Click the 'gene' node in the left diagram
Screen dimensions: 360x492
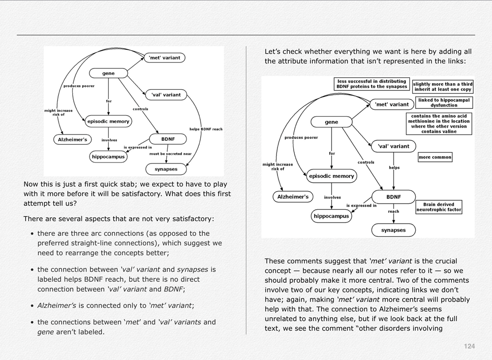[108, 73]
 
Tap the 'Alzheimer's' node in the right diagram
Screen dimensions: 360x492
[293, 197]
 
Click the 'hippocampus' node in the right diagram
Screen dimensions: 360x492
[331, 216]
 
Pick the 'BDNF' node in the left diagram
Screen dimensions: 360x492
[168, 139]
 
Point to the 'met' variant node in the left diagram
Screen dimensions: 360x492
[164, 58]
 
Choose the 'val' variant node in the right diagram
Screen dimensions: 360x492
[393, 146]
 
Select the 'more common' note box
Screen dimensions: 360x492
[435, 157]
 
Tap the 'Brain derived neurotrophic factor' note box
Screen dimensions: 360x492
[438, 207]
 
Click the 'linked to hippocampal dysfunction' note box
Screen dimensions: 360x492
[444, 102]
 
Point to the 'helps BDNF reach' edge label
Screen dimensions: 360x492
[206, 129]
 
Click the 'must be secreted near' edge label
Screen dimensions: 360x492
[170, 154]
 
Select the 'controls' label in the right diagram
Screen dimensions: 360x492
[366, 162]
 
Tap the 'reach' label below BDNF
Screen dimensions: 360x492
[394, 212]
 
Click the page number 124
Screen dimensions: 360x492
[469, 346]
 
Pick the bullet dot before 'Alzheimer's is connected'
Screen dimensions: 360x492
[32, 305]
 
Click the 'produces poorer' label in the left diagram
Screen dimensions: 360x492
[79, 86]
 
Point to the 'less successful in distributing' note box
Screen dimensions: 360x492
[372, 84]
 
